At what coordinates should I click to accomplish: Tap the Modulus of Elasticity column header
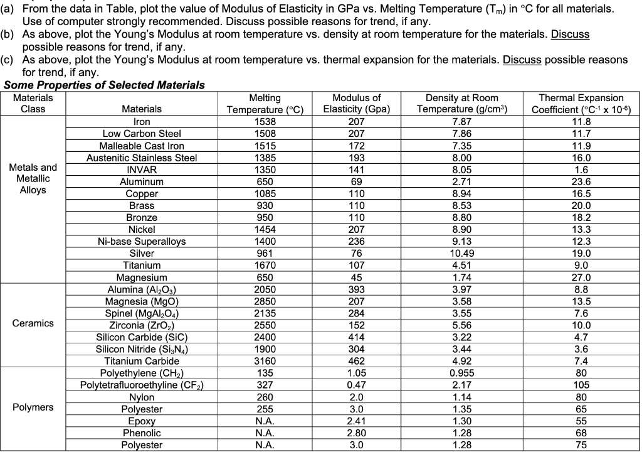(357, 104)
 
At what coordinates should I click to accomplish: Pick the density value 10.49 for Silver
(462, 254)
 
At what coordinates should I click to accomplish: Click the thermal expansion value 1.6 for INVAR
(577, 169)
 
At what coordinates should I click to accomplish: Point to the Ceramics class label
(33, 324)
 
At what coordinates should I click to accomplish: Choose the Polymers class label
(33, 407)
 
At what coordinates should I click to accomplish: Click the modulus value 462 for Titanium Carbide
(357, 360)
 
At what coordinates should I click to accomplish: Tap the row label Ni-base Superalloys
(141, 242)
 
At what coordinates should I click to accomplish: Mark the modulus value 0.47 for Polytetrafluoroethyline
(357, 384)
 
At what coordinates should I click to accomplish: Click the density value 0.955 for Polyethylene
(462, 372)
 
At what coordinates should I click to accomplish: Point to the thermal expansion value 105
(577, 384)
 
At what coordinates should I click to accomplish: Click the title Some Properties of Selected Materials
(104, 85)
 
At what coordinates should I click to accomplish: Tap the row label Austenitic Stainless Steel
(141, 158)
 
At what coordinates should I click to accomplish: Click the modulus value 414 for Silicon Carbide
(357, 336)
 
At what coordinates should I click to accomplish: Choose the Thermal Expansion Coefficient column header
(577, 104)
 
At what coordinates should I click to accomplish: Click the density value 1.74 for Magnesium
(462, 277)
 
